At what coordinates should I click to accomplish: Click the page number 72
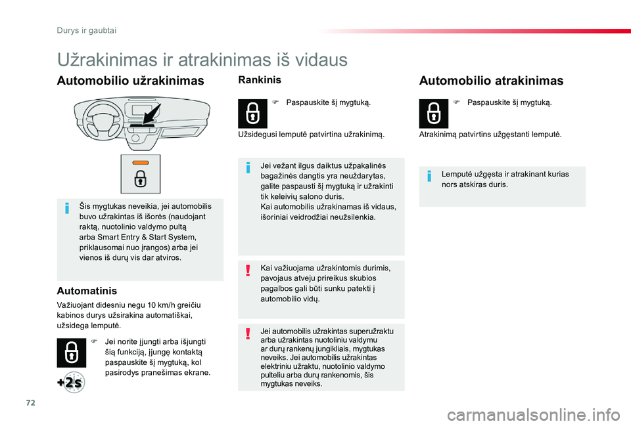tap(31, 402)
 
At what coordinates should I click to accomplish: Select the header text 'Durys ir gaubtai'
tap(87, 31)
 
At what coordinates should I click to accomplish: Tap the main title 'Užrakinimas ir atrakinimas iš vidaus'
tap(202, 60)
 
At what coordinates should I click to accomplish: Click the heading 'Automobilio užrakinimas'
tap(130, 81)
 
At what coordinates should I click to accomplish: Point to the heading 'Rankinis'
tap(260, 80)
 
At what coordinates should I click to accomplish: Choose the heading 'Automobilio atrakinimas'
tap(491, 81)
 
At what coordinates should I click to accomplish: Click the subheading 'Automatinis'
tap(87, 291)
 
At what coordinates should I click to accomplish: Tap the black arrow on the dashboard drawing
tap(152, 114)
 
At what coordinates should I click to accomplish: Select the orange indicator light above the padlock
tap(141, 163)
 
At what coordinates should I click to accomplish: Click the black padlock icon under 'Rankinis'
tap(252, 114)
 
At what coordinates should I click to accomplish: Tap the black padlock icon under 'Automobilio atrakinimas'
tap(433, 114)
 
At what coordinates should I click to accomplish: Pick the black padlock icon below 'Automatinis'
tap(71, 353)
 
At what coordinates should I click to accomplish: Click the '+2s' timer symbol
tap(71, 382)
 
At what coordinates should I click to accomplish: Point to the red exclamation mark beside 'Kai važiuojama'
tap(248, 270)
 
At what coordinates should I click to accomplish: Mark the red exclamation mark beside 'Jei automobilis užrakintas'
tap(248, 333)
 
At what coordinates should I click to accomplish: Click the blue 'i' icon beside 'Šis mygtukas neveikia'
tap(67, 209)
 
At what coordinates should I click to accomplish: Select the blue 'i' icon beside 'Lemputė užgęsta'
tap(429, 176)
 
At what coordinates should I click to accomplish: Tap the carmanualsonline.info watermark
tap(534, 415)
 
